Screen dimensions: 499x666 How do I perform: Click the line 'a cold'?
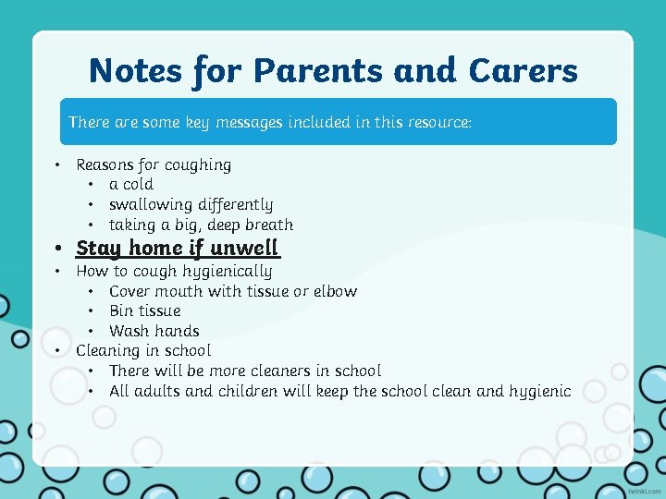click(x=131, y=185)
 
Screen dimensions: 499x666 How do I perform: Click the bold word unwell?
click(x=244, y=248)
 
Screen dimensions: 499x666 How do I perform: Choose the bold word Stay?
click(x=99, y=248)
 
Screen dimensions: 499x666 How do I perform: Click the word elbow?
click(x=335, y=291)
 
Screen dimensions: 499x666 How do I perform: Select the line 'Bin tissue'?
click(x=144, y=310)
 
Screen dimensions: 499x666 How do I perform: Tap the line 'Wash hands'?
click(x=154, y=331)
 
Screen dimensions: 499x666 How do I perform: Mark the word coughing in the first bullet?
click(x=198, y=165)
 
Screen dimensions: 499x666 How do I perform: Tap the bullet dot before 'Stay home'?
click(x=58, y=249)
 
